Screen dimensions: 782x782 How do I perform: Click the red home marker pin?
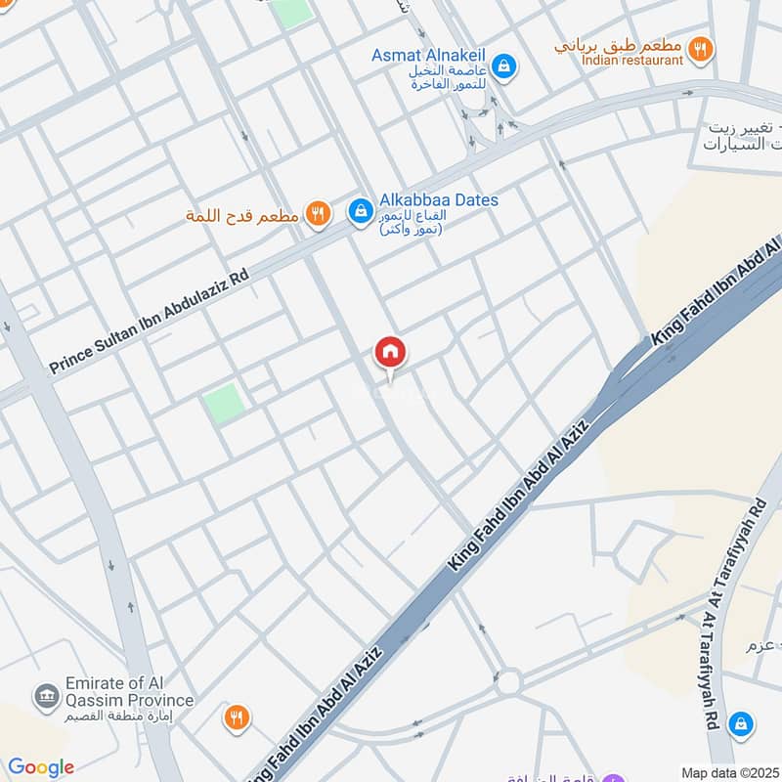coord(390,353)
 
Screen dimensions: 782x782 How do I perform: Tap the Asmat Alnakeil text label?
coord(428,56)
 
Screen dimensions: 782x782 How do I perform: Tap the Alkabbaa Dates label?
coord(437,199)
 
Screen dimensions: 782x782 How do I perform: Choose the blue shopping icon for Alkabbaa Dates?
coord(360,210)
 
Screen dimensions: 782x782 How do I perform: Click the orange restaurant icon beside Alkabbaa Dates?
coord(318,213)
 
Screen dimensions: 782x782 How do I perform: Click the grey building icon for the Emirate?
coord(45,697)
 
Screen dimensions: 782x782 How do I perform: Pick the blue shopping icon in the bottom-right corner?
coord(742,722)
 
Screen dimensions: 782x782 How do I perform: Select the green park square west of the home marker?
coord(225,403)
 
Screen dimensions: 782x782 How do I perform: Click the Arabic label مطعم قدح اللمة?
coord(241,214)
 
